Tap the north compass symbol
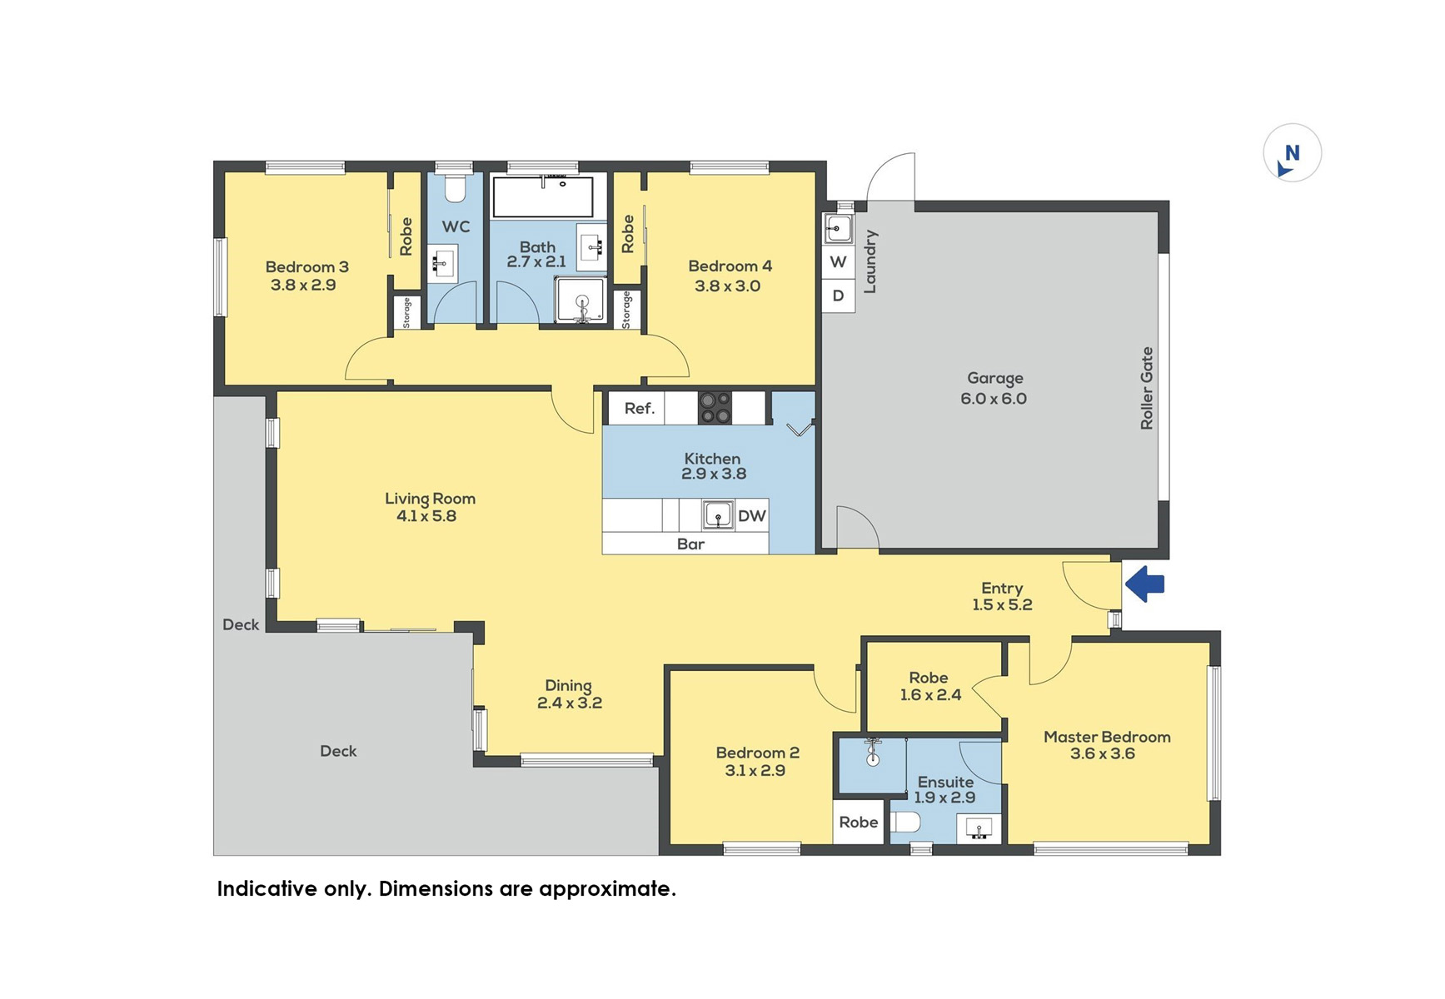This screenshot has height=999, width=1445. coord(1292,153)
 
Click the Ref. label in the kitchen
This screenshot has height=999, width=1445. coord(640,408)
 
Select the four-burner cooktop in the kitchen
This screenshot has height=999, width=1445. coord(715,408)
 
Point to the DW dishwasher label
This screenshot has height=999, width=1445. coord(751,516)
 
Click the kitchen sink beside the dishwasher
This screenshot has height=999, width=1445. coord(718,515)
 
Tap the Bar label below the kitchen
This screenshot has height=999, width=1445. coord(690,544)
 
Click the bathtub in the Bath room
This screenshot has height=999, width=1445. coord(543,196)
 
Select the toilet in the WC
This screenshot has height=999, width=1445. coord(455,189)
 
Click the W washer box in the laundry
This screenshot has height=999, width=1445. coord(839,261)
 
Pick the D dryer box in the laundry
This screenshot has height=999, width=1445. coord(839,296)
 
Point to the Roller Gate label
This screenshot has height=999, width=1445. coord(1147,388)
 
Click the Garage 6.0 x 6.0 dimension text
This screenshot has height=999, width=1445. coord(994,399)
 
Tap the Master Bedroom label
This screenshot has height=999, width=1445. coord(1107,737)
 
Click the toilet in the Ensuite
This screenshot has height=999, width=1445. coord(905,823)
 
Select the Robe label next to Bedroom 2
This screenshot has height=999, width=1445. coord(859,823)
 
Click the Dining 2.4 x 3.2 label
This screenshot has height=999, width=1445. coord(570,694)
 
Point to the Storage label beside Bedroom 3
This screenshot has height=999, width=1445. coord(406,313)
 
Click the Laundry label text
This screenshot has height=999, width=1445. coord(869,261)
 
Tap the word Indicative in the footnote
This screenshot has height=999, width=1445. coord(267,889)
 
